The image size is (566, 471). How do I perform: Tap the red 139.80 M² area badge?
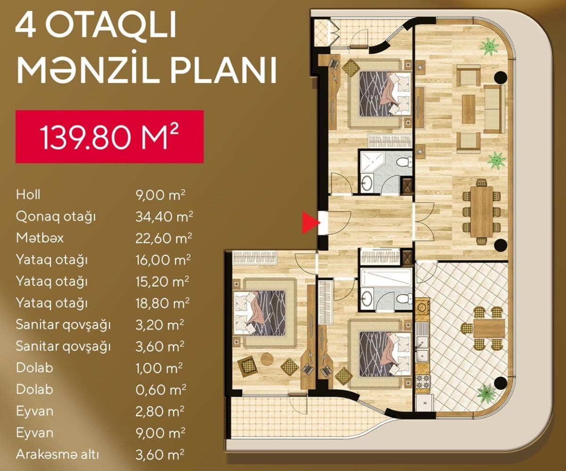pyautogui.click(x=109, y=137)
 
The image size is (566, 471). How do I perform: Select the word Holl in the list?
pyautogui.click(x=28, y=195)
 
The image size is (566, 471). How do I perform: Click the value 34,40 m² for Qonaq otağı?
pyautogui.click(x=164, y=216)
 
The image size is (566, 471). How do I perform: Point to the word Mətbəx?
pyautogui.click(x=40, y=238)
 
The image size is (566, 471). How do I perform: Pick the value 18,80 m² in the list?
pyautogui.click(x=162, y=303)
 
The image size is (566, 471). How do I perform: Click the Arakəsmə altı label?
pyautogui.click(x=57, y=454)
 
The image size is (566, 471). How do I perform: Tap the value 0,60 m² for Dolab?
pyautogui.click(x=161, y=390)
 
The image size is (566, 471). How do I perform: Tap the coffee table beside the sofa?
pyautogui.click(x=468, y=109)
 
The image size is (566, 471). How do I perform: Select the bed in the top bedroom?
pyautogui.click(x=385, y=94)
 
